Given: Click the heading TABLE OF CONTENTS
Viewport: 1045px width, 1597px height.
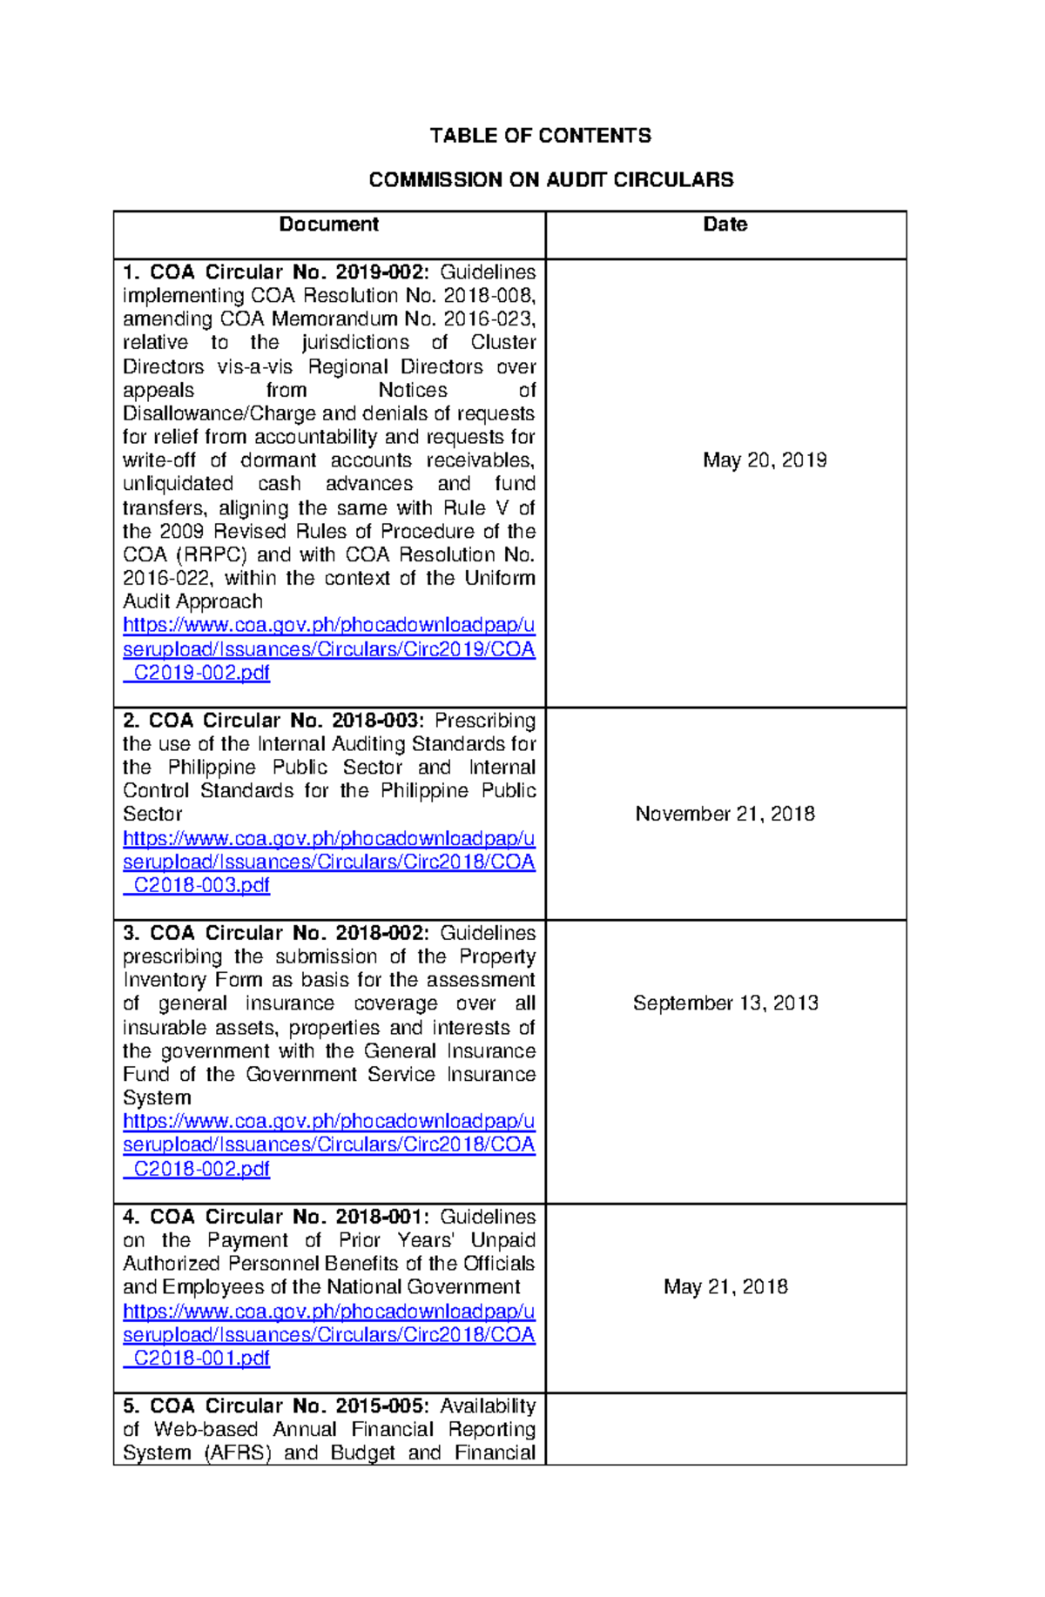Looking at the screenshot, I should pos(540,136).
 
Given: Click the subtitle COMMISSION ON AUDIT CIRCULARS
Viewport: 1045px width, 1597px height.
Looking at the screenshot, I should pos(550,180).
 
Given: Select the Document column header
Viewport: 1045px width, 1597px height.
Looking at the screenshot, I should pos(328,225).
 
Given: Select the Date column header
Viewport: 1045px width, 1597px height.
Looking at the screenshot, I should pos(725,225).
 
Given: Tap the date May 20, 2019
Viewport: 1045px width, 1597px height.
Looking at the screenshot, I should pos(765,460).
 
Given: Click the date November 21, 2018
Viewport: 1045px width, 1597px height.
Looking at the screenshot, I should pos(725,814).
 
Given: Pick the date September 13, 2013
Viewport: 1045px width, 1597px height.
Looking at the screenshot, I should pos(725,1003).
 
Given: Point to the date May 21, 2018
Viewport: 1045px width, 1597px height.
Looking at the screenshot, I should pos(725,1287).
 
